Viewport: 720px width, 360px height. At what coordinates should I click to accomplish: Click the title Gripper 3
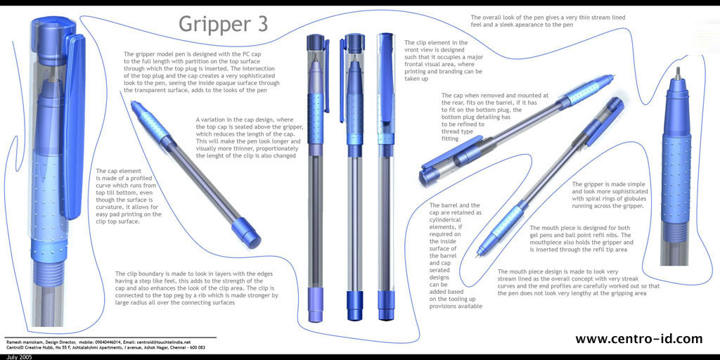coord(223,25)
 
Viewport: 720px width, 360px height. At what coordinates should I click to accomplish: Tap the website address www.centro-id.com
coord(638,339)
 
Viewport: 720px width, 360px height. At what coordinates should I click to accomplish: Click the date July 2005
coord(16,356)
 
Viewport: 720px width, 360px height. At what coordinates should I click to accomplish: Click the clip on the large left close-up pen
coord(73,124)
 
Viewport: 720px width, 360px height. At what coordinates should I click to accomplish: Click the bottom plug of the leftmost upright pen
coord(316,311)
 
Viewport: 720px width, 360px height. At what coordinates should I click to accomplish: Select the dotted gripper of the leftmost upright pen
coord(316,118)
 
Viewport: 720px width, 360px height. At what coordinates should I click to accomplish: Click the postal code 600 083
coord(196,347)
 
